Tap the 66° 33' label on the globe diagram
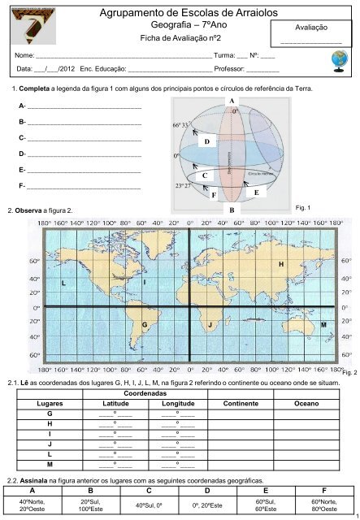(180, 124)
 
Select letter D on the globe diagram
(207, 141)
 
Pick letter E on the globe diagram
(256, 192)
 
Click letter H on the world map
(281, 265)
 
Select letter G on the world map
(144, 324)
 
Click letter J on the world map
(210, 324)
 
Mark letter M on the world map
(323, 324)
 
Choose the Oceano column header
(306, 402)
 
